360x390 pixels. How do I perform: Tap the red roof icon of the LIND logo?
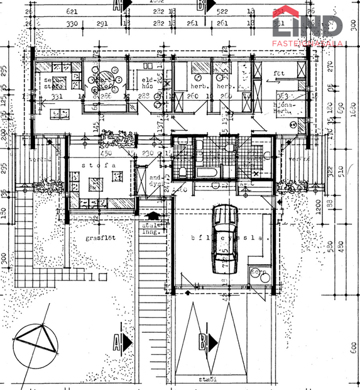(x=290, y=13)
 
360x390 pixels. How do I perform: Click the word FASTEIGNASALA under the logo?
(x=307, y=43)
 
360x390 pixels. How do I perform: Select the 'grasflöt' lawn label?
(x=101, y=238)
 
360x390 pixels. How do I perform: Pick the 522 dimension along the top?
(x=222, y=11)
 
